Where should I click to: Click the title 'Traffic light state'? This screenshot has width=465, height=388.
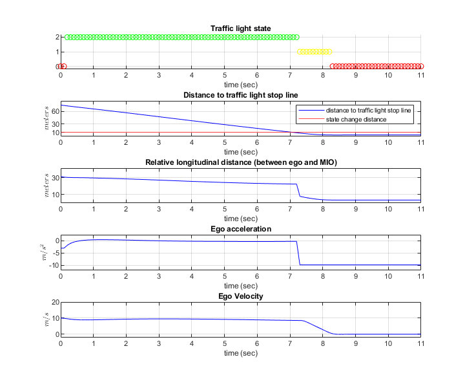(240, 28)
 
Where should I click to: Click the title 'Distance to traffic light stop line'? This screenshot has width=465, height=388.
(240, 95)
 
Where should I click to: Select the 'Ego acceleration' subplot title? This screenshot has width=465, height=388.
(240, 229)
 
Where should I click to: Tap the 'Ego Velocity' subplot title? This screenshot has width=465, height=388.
(240, 296)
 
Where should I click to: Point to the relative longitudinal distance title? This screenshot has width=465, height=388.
(240, 162)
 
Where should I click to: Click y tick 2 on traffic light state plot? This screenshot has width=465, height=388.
(56, 38)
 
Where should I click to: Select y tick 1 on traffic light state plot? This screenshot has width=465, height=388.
(56, 52)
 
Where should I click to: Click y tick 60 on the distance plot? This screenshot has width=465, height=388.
(54, 111)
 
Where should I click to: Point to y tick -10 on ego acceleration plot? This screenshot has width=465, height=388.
(52, 265)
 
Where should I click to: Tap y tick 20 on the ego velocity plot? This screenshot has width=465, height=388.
(54, 303)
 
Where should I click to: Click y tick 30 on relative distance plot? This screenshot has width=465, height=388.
(54, 177)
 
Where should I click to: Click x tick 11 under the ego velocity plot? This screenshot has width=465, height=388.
(420, 343)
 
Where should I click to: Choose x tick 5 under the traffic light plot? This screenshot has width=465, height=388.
(224, 75)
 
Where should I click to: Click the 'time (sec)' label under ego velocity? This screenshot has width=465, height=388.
(240, 353)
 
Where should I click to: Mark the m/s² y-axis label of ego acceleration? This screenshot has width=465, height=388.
(45, 252)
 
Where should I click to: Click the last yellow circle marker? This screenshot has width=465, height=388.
(329, 52)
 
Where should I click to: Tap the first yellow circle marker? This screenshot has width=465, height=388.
(299, 52)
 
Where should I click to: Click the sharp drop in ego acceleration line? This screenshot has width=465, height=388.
(298, 253)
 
